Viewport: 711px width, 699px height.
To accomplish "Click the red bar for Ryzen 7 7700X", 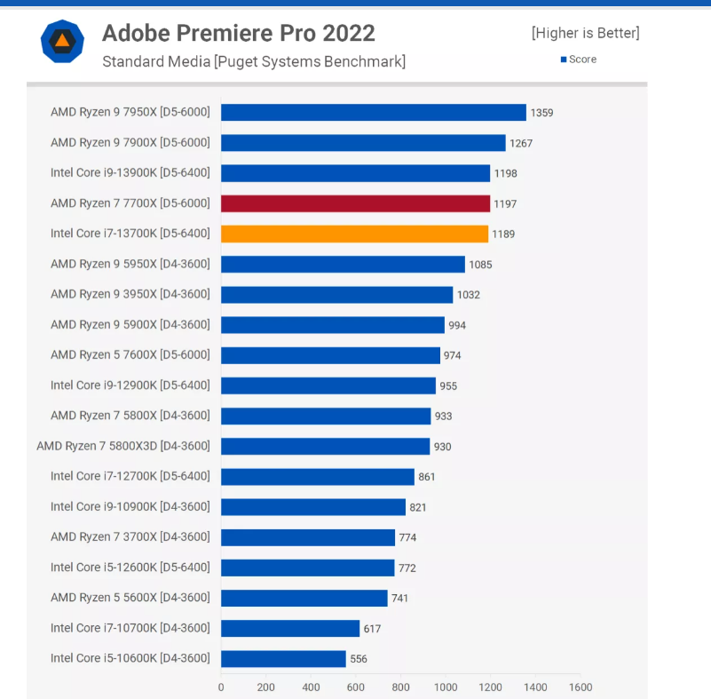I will (355, 203).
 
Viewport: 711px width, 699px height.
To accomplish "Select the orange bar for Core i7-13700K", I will (354, 234).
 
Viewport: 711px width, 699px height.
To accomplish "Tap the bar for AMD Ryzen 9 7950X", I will (373, 113).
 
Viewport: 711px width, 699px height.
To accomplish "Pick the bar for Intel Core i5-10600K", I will (283, 658).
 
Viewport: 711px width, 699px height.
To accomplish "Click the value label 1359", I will (541, 113).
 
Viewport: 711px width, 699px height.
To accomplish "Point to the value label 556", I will (359, 659).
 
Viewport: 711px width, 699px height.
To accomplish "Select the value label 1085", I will (480, 265).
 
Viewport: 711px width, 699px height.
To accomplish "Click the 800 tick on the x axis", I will (400, 687).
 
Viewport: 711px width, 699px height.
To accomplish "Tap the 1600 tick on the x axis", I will (581, 687).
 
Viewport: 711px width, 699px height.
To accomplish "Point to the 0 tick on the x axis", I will (221, 687).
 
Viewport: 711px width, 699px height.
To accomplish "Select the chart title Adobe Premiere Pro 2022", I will (239, 33).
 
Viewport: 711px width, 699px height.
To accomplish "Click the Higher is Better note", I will (585, 33).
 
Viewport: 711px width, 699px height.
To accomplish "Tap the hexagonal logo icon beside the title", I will (62, 41).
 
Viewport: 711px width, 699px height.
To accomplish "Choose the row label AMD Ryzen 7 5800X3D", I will (123, 446).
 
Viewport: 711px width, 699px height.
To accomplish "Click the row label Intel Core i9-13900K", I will (130, 173).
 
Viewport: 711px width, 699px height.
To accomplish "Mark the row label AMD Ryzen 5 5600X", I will (130, 598).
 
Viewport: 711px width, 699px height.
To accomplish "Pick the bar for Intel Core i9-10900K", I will (312, 506).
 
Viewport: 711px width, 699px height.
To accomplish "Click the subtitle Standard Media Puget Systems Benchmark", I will (254, 61).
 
